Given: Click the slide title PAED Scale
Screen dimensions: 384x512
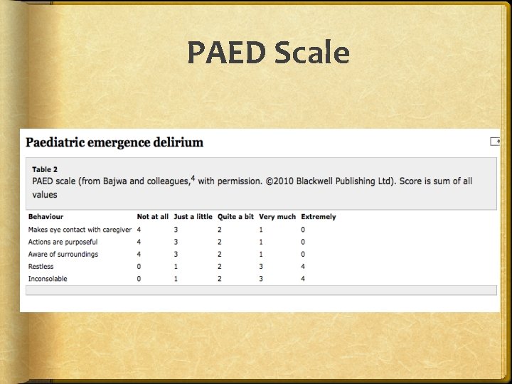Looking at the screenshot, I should pyautogui.click(x=268, y=53).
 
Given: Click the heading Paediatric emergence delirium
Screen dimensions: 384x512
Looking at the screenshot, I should pyautogui.click(x=114, y=142).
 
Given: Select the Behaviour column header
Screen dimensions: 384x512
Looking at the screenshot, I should pyautogui.click(x=46, y=216).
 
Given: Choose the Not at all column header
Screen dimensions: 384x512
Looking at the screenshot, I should pyautogui.click(x=153, y=216).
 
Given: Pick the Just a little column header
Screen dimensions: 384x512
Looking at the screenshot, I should pyautogui.click(x=193, y=216).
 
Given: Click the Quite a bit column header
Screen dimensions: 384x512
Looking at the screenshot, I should pyautogui.click(x=235, y=216).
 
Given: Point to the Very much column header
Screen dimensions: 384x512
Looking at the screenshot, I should pyautogui.click(x=277, y=216).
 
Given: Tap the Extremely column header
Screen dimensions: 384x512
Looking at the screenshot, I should pyautogui.click(x=319, y=216).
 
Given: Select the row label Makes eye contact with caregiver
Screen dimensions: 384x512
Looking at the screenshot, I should pyautogui.click(x=80, y=230).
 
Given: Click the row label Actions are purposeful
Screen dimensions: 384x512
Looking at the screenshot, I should pyautogui.click(x=63, y=242).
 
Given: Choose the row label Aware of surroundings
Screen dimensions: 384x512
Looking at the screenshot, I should pyautogui.click(x=63, y=254).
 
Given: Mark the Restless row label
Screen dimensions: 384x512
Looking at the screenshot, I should pyautogui.click(x=41, y=267).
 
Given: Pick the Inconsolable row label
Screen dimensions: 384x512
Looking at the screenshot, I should pyautogui.click(x=48, y=279).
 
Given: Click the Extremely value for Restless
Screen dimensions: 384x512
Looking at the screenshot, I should pyautogui.click(x=303, y=267).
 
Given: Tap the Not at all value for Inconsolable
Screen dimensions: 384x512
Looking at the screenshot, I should pyautogui.click(x=139, y=279).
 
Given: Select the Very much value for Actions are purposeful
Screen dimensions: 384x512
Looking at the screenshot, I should pyautogui.click(x=261, y=242).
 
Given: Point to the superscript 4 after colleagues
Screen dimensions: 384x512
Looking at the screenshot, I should pyautogui.click(x=193, y=178).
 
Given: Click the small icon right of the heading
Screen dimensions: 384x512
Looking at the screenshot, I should pyautogui.click(x=495, y=142).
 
